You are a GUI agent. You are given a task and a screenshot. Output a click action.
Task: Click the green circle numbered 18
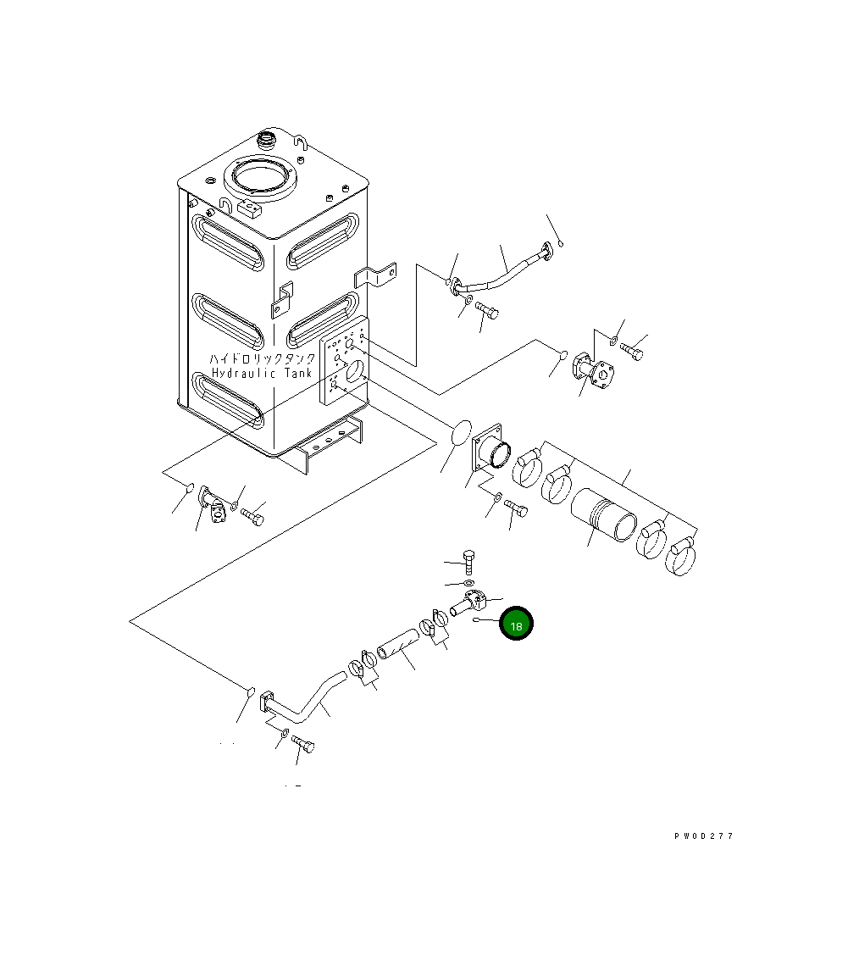(x=516, y=624)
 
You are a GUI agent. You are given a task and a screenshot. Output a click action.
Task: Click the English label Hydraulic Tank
(x=262, y=374)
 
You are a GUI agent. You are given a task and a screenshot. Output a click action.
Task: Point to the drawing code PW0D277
(x=703, y=836)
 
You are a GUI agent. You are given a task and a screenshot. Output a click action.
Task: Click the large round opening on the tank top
(x=259, y=178)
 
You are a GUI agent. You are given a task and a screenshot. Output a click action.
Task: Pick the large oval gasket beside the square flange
(x=457, y=432)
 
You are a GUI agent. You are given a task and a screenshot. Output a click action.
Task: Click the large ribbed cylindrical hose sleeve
(x=603, y=514)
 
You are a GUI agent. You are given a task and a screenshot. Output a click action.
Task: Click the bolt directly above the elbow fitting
(x=469, y=561)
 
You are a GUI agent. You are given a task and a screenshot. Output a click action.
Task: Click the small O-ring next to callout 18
(x=478, y=619)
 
